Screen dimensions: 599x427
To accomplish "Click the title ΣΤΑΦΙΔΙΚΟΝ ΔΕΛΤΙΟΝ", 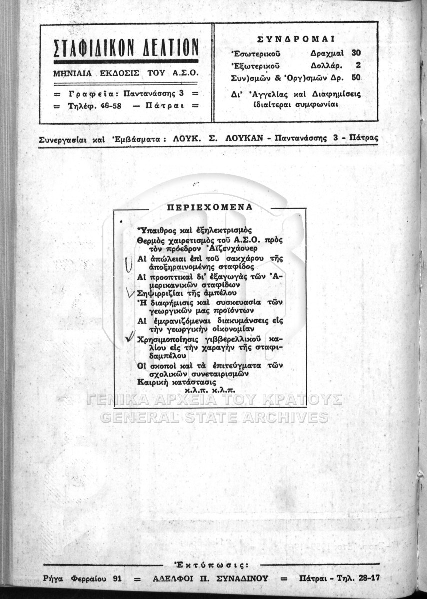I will point(126,48).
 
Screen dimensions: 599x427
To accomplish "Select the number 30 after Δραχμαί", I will point(356,52).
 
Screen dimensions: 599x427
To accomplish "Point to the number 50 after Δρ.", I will point(356,78).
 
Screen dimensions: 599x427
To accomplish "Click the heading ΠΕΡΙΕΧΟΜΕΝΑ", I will point(209,207).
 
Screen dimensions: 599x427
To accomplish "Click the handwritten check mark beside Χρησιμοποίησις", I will point(130,339).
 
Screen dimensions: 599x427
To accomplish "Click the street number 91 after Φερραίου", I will point(117,579).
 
